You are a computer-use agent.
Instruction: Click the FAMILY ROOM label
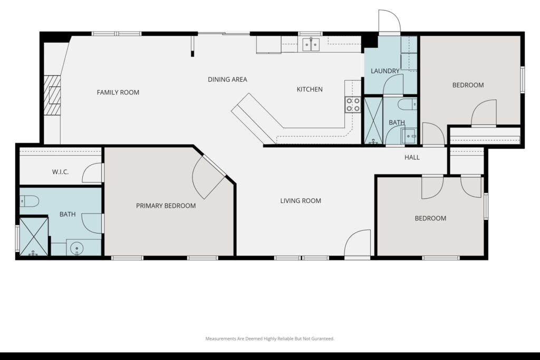pyautogui.click(x=118, y=92)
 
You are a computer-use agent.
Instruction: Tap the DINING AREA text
pyautogui.click(x=227, y=80)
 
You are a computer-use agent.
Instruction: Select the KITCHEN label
pyautogui.click(x=310, y=90)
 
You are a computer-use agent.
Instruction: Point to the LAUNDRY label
pyautogui.click(x=385, y=71)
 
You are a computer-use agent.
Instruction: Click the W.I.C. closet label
pyautogui.click(x=60, y=172)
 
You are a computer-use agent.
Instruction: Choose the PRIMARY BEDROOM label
pyautogui.click(x=166, y=206)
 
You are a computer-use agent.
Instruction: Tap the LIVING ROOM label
pyautogui.click(x=301, y=201)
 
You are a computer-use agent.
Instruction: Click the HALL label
pyautogui.click(x=412, y=157)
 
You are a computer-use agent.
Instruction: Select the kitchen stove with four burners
pyautogui.click(x=353, y=105)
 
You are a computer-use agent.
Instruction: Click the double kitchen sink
pyautogui.click(x=311, y=44)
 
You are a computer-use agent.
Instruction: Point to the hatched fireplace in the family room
pyautogui.click(x=52, y=95)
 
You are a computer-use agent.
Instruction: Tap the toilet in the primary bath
pyautogui.click(x=29, y=201)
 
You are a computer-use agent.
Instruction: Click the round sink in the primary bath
pyautogui.click(x=76, y=248)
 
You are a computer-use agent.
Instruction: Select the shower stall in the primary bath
pyautogui.click(x=34, y=237)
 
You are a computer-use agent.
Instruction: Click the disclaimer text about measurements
pyautogui.click(x=269, y=339)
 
